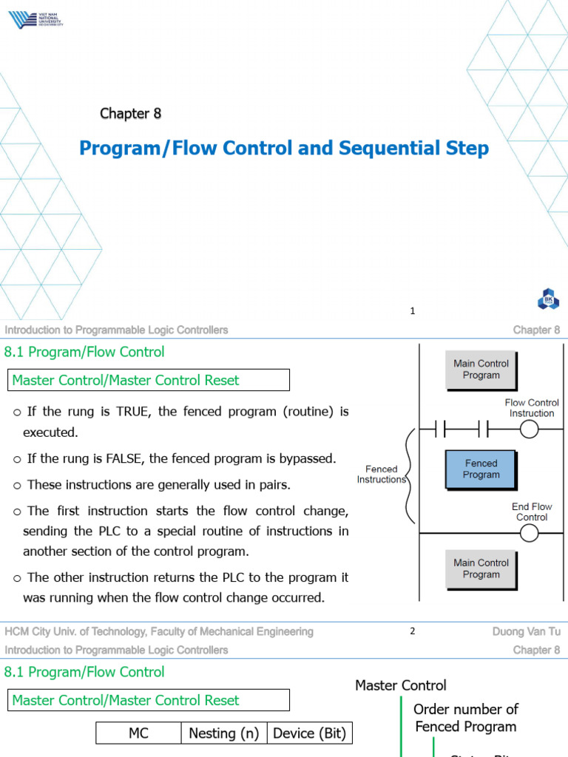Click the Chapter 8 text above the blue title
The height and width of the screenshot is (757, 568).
point(130,113)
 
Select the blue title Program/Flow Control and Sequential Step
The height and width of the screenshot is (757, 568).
point(284,149)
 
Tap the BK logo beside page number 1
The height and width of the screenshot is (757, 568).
point(548,300)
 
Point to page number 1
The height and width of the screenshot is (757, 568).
point(413,311)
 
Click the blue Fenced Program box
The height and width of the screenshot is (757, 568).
point(481,469)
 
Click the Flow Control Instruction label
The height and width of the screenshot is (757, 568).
point(531,408)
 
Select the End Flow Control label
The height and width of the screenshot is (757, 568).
point(531,512)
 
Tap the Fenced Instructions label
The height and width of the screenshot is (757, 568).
point(382,474)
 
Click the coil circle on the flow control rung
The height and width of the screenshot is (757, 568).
point(531,429)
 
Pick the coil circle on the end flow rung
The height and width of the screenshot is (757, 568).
point(531,532)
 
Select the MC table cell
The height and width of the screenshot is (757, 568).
point(138,733)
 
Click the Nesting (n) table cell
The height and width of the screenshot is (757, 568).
point(223,733)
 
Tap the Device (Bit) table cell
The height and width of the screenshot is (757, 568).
point(309,733)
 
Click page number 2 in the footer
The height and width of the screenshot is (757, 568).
point(413,631)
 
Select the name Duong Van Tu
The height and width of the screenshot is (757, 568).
point(526,631)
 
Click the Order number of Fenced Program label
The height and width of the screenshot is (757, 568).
point(465,718)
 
